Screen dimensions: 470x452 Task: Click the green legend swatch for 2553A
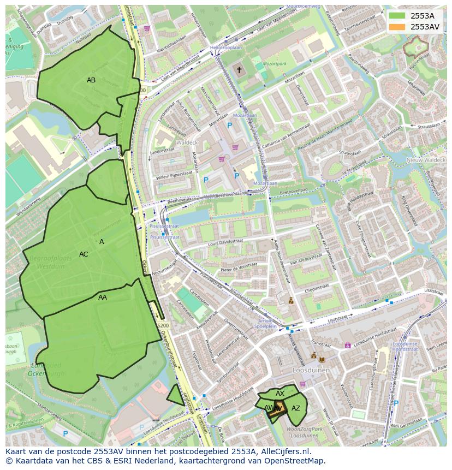(397, 16)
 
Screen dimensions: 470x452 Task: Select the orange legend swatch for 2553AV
(397, 27)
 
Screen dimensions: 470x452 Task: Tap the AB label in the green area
(91, 80)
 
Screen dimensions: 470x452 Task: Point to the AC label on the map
(84, 254)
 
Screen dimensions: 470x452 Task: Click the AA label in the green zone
(103, 298)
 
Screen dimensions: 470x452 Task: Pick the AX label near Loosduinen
(280, 394)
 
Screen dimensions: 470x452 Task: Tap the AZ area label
(296, 408)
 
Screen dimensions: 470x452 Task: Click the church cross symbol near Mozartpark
(239, 70)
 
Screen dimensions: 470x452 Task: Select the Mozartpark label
(275, 64)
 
